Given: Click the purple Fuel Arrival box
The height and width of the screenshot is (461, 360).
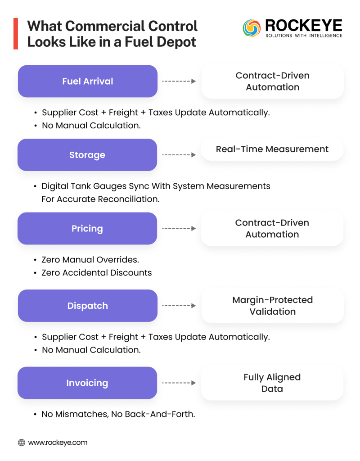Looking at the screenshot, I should [x=87, y=81].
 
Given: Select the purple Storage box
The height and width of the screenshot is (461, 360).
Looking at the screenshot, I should [x=87, y=155].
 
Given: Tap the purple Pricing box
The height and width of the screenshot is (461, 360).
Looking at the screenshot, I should [x=87, y=229].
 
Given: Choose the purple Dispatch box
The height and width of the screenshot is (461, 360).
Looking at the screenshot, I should [x=87, y=306].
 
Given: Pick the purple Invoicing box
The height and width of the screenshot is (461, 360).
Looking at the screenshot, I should [x=87, y=383].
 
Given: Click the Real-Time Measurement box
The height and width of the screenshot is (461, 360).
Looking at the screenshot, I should [x=272, y=149].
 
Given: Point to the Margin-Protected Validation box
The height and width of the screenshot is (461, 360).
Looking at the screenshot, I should [x=272, y=306].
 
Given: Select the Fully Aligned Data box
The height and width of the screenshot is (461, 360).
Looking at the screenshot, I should [x=272, y=383].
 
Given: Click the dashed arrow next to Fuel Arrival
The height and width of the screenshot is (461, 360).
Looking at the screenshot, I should [x=179, y=81].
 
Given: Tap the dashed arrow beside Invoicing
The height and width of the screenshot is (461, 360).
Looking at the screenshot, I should [x=179, y=383].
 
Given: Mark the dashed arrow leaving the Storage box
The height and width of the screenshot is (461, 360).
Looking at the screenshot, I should [x=179, y=155].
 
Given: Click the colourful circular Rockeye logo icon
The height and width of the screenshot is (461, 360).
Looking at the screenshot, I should [x=252, y=28].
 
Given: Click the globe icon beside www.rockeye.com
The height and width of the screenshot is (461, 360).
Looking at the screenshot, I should [x=22, y=443].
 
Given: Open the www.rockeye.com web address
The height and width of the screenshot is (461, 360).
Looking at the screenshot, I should [x=58, y=443].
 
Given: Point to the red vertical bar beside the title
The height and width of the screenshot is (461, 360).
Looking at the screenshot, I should [x=16, y=34].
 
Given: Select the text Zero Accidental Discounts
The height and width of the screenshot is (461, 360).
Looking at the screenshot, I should [x=96, y=272].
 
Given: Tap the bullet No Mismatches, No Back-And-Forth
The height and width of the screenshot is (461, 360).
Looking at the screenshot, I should [x=118, y=414].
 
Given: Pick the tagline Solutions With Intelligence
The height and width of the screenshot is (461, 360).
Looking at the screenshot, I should [x=303, y=36].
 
